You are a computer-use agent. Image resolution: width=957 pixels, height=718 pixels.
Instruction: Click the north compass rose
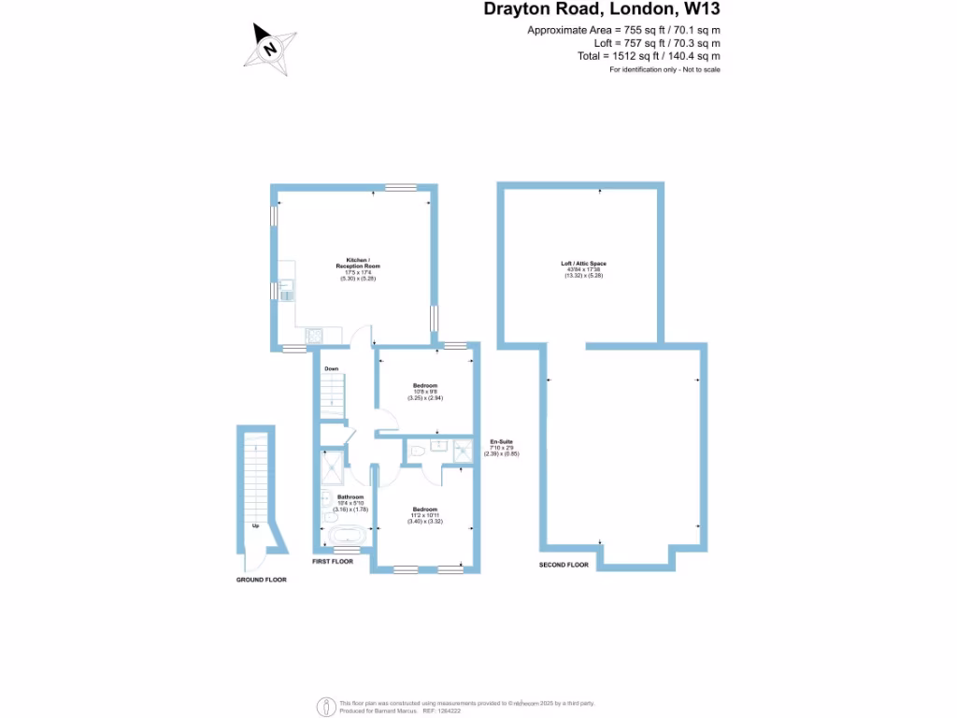pyautogui.click(x=271, y=46)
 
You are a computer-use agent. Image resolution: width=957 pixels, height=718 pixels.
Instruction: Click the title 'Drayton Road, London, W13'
pyautogui.click(x=602, y=10)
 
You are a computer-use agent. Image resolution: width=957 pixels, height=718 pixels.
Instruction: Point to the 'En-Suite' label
pyautogui.click(x=502, y=441)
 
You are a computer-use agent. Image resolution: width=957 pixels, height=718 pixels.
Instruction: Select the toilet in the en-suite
pyautogui.click(x=418, y=452)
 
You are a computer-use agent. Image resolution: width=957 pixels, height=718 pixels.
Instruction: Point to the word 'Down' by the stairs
pyautogui.click(x=331, y=369)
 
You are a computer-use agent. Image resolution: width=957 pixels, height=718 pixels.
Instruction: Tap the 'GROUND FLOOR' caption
pyautogui.click(x=261, y=580)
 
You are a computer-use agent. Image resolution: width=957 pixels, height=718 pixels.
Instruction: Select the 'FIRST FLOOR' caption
pyautogui.click(x=332, y=562)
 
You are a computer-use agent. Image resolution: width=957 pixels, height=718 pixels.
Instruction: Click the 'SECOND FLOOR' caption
pyautogui.click(x=564, y=566)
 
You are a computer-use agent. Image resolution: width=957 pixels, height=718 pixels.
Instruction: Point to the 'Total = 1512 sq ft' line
pyautogui.click(x=649, y=56)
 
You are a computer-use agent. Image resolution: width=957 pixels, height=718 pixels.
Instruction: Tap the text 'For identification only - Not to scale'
pyautogui.click(x=664, y=70)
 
